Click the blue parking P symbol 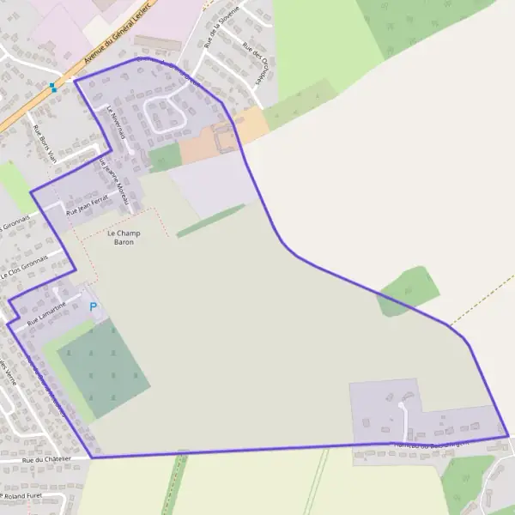[93, 306]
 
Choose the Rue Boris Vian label [44, 142]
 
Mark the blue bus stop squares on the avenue [53, 87]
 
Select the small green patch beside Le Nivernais [164, 158]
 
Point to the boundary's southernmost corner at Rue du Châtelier [91, 457]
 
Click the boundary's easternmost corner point [508, 436]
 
